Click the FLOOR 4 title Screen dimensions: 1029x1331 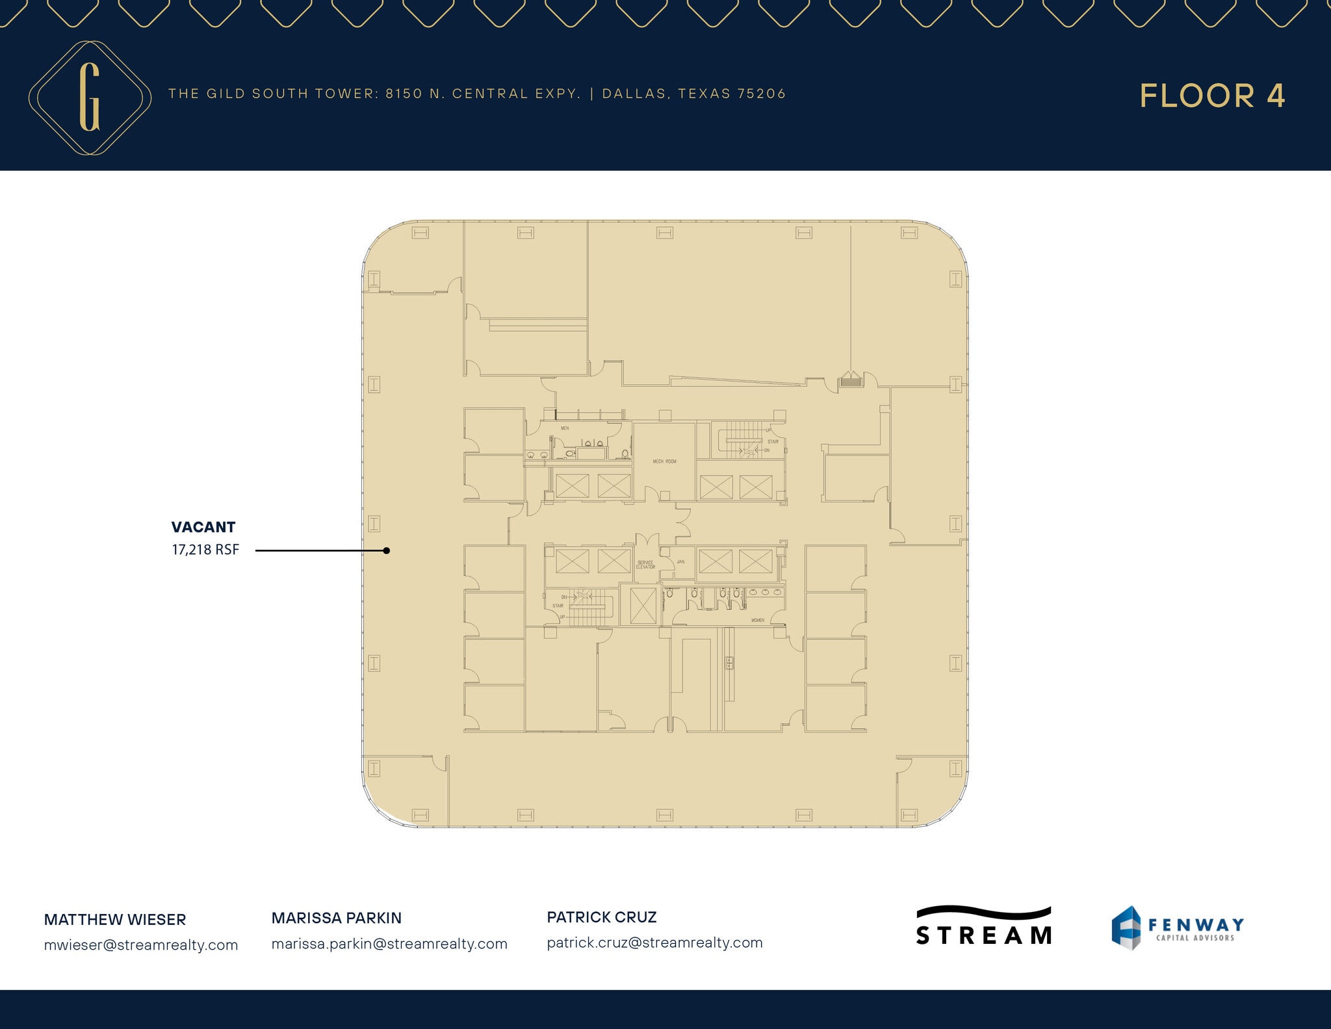(1212, 96)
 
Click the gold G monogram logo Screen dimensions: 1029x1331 (90, 98)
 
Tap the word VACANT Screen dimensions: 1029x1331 (203, 527)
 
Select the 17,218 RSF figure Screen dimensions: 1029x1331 (205, 550)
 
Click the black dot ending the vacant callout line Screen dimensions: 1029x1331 (387, 551)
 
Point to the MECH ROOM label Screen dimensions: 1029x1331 (664, 462)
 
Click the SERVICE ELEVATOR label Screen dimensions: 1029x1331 (645, 565)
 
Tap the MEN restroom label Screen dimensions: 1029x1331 (565, 428)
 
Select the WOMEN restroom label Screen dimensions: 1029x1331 (758, 621)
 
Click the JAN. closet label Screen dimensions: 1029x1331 (681, 562)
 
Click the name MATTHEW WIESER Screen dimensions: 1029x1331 (115, 920)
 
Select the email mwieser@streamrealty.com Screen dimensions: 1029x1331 (141, 945)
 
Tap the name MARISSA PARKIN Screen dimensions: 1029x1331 (337, 918)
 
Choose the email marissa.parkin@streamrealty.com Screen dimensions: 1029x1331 (389, 944)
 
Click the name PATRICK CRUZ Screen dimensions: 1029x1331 (602, 917)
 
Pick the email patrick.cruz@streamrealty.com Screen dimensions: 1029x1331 (654, 943)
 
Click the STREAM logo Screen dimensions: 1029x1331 (984, 926)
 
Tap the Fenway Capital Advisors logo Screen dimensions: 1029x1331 (1178, 928)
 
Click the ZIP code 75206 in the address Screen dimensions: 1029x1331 (762, 94)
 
